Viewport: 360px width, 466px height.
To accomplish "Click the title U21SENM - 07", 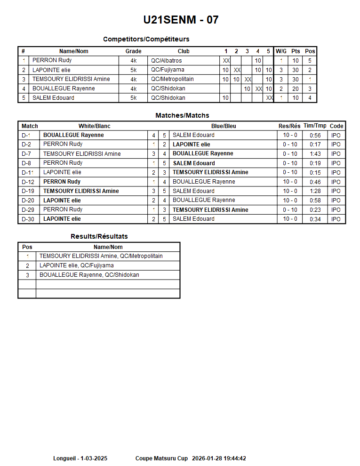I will tap(181, 20).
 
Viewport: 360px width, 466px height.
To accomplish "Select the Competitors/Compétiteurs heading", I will tap(146, 39).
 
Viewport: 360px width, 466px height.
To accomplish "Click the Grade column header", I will tap(133, 51).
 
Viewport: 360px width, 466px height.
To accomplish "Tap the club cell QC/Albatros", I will tap(166, 61).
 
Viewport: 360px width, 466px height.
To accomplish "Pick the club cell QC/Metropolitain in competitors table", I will tap(172, 79).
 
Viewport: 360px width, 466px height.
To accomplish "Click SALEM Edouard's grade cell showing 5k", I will tap(133, 98).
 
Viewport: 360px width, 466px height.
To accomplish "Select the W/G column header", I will tap(281, 51).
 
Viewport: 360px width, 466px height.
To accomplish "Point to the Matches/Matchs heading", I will tap(182, 115).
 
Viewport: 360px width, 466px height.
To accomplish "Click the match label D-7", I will tap(26, 154).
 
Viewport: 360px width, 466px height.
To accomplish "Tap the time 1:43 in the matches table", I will tap(315, 154).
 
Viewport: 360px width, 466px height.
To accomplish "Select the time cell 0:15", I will tap(315, 173).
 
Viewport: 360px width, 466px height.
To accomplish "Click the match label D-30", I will tap(28, 219).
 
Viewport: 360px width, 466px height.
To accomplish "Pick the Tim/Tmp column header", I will tap(315, 126).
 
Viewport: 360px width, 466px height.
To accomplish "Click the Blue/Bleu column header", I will tap(224, 126).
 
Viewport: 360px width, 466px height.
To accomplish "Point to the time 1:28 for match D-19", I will tap(315, 191).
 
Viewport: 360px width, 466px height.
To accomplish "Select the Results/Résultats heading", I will tap(99, 236).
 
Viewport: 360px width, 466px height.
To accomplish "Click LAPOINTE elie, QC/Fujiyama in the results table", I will tap(77, 265).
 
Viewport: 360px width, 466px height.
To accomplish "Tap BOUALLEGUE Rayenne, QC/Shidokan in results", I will tap(89, 275).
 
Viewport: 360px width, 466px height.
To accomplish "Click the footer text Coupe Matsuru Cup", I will tap(161, 458).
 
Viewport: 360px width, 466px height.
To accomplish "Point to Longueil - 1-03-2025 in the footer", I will tap(80, 458).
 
